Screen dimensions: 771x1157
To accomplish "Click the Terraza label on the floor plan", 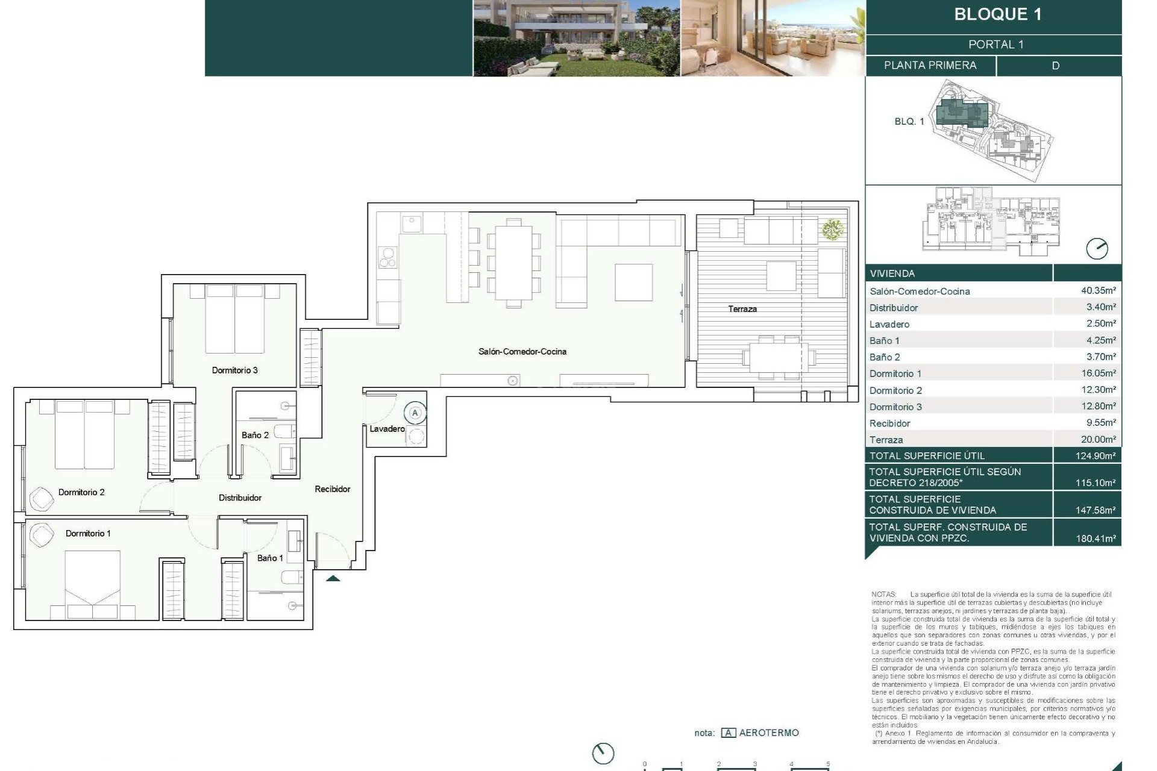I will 742,309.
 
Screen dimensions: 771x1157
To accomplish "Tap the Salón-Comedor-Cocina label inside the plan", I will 522,351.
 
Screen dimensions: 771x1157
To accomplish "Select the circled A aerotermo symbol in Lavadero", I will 415,413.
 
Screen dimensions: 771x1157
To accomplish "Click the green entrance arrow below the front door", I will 333,578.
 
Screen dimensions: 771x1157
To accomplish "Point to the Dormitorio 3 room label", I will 234,370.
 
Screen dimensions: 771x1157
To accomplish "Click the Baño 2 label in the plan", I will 255,435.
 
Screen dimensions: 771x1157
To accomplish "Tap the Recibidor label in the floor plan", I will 332,489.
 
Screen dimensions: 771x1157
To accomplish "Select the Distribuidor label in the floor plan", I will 240,498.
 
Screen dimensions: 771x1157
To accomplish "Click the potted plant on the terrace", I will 832,229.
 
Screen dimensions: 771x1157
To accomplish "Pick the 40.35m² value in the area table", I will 1098,290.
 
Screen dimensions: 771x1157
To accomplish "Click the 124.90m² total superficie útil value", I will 1095,456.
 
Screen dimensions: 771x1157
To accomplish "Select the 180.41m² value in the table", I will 1095,538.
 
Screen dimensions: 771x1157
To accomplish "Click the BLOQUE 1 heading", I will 997,14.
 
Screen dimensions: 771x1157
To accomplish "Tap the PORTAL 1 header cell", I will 996,45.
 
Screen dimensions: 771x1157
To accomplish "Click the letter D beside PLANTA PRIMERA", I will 1055,66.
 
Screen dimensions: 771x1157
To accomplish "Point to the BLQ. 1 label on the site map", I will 909,122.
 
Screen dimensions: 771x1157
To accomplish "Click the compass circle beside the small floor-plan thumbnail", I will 1096,249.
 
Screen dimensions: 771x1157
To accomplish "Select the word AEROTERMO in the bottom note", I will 768,733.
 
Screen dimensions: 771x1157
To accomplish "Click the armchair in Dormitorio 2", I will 42,498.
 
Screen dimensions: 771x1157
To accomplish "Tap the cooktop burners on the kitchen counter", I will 387,258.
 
